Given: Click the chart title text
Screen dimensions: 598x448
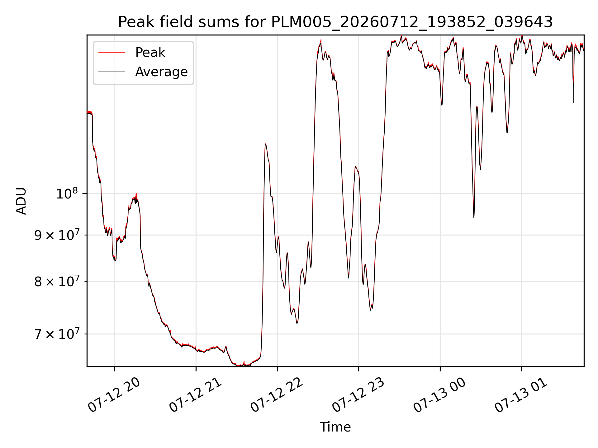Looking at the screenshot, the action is pos(335,22).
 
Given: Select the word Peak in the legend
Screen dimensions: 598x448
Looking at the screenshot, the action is pos(150,53).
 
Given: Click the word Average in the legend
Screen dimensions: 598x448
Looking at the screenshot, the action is pos(161,72).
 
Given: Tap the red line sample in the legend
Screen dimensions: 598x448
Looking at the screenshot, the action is pos(112,53).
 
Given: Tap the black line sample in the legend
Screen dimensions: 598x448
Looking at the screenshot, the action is pos(112,72).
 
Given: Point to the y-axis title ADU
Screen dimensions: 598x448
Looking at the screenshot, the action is pos(21,201).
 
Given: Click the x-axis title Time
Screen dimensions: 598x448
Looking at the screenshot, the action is pos(335,427).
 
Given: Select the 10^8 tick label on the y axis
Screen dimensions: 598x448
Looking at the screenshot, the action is pos(67,194).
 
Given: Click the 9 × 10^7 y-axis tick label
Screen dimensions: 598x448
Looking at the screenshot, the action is pos(56,235).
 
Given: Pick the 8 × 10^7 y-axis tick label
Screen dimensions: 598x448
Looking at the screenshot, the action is pos(56,282).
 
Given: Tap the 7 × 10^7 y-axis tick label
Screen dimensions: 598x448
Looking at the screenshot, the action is pos(56,334).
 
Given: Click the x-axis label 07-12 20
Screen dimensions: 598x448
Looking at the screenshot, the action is pos(114,395).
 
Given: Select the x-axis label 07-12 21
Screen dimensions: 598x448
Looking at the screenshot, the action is pos(196,395).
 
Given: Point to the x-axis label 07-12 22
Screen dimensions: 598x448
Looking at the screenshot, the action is pos(277,395).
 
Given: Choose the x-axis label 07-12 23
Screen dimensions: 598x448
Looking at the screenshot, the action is pos(358,395).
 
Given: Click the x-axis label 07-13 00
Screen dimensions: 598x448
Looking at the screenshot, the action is pos(440,395).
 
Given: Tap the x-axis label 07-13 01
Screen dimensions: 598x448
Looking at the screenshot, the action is pos(521,395).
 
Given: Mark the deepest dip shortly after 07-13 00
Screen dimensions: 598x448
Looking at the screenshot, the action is pos(474,217).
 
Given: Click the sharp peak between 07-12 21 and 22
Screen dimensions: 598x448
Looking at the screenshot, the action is pos(265,144).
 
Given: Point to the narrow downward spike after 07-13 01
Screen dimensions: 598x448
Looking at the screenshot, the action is pos(574,102).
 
